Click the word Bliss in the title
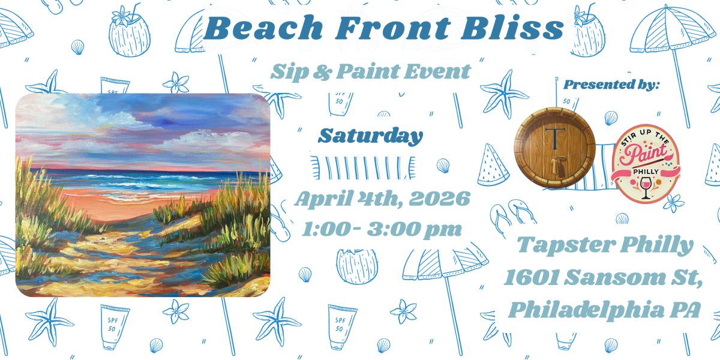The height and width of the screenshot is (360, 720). pos(512,28)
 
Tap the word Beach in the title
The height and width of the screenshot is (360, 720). pos(263,28)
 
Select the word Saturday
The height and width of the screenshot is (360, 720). pos(370,136)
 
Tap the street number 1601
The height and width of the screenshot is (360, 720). pos(532,277)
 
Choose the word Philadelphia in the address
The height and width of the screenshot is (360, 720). pos(586,310)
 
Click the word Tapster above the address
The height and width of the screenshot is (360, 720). pos(566,245)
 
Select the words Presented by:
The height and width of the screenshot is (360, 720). pos(611,85)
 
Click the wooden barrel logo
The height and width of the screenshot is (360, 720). pos(555,148)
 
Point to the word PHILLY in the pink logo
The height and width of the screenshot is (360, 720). pos(646,172)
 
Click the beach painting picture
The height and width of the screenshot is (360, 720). pos(143,195)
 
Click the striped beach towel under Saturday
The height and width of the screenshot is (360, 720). pos(363,168)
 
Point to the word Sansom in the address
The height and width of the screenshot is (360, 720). pos(614,277)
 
